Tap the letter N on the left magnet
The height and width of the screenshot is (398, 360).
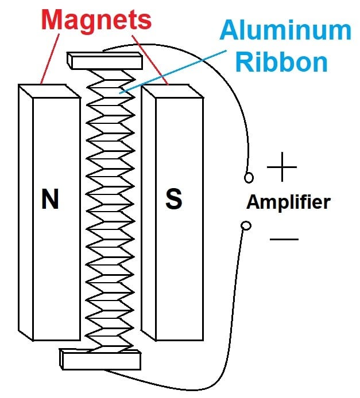50,199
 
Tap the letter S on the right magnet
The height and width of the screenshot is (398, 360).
173,199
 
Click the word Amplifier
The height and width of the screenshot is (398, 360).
288,202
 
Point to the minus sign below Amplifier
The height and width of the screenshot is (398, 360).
284,238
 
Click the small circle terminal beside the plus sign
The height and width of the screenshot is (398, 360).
249,177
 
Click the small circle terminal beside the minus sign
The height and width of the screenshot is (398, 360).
246,226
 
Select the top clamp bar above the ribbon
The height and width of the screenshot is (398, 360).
104,59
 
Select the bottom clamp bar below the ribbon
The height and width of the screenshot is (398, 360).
100,360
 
